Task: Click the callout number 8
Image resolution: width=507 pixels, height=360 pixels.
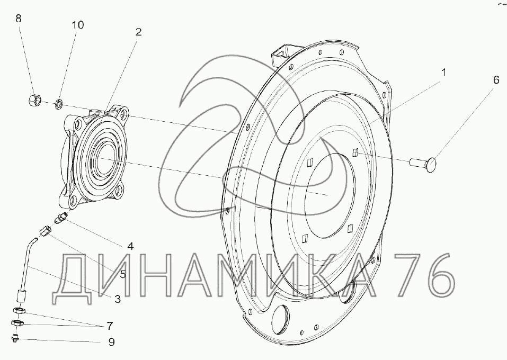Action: pyautogui.click(x=19, y=19)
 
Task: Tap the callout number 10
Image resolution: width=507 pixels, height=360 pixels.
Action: pyautogui.click(x=77, y=24)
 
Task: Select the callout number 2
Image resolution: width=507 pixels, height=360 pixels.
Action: pyautogui.click(x=138, y=32)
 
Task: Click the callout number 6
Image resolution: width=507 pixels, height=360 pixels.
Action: pyautogui.click(x=496, y=80)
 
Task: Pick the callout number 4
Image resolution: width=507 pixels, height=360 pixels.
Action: pyautogui.click(x=130, y=246)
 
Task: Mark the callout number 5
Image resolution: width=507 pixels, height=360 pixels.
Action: pyautogui.click(x=122, y=274)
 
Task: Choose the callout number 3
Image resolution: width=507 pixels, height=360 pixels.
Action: pyautogui.click(x=118, y=299)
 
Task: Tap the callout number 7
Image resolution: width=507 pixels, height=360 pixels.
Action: pyautogui.click(x=110, y=326)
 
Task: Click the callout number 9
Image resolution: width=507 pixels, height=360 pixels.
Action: pyautogui.click(x=112, y=342)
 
